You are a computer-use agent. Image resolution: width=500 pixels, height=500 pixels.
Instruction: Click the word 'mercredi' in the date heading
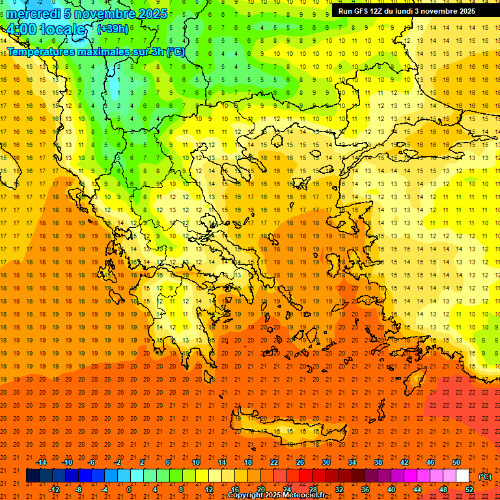(x=34, y=14)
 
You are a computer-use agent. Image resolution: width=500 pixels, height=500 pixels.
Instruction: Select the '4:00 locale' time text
(x=46, y=30)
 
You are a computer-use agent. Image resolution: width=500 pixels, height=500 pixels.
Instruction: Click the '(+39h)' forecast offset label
(x=113, y=29)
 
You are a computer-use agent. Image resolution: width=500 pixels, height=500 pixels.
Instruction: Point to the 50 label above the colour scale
(x=456, y=462)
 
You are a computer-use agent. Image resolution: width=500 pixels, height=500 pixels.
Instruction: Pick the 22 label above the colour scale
(x=274, y=462)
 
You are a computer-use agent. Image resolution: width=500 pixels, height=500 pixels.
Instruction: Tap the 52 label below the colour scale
(x=469, y=490)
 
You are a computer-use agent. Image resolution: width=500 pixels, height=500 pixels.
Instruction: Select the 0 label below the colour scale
(x=130, y=490)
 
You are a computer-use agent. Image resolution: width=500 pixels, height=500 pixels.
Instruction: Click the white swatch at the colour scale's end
(x=463, y=476)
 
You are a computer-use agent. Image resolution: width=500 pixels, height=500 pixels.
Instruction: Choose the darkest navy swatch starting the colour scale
(x=33, y=476)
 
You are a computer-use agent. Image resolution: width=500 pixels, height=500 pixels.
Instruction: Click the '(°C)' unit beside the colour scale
(x=485, y=477)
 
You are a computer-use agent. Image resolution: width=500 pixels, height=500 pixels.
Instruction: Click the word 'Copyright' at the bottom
(x=246, y=495)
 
